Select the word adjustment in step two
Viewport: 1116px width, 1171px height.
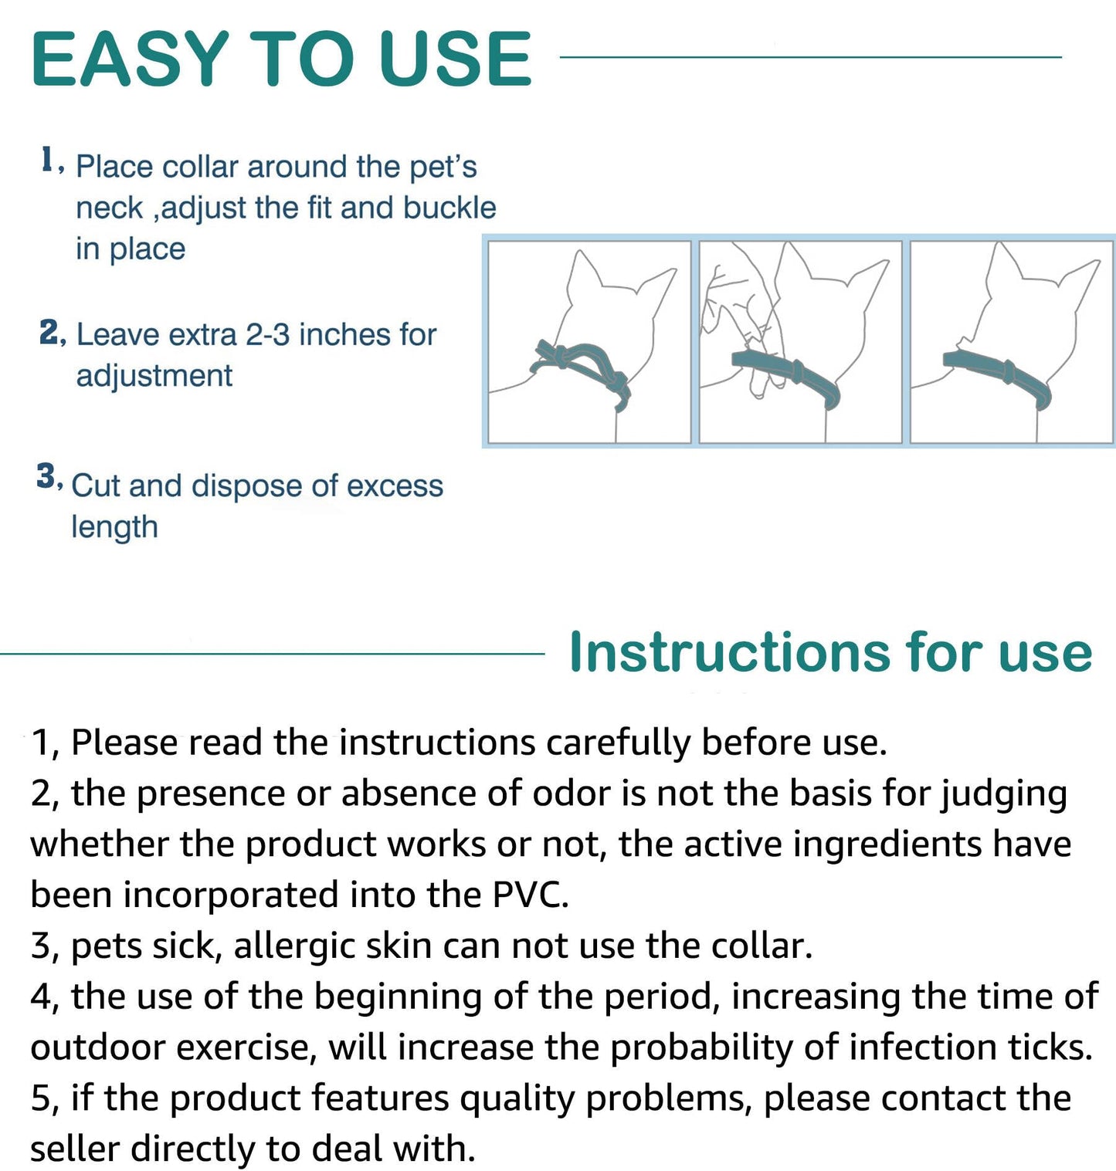click(154, 376)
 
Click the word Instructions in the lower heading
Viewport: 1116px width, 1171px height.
click(729, 653)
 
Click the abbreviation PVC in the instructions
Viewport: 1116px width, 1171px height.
click(530, 895)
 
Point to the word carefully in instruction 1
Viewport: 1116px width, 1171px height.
click(618, 743)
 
